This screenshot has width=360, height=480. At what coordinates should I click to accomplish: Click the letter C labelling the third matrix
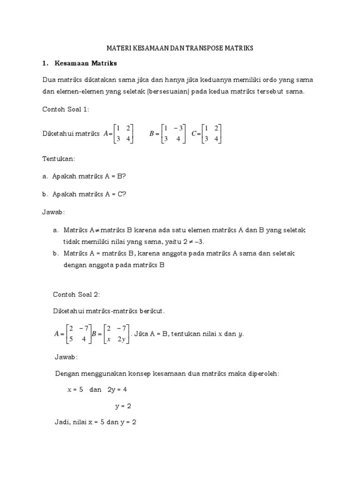[x=193, y=134]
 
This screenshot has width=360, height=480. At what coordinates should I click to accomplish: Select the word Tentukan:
[x=58, y=159]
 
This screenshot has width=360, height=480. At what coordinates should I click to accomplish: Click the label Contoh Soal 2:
[x=76, y=294]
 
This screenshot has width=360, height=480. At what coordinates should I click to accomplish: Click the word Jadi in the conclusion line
[x=62, y=422]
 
